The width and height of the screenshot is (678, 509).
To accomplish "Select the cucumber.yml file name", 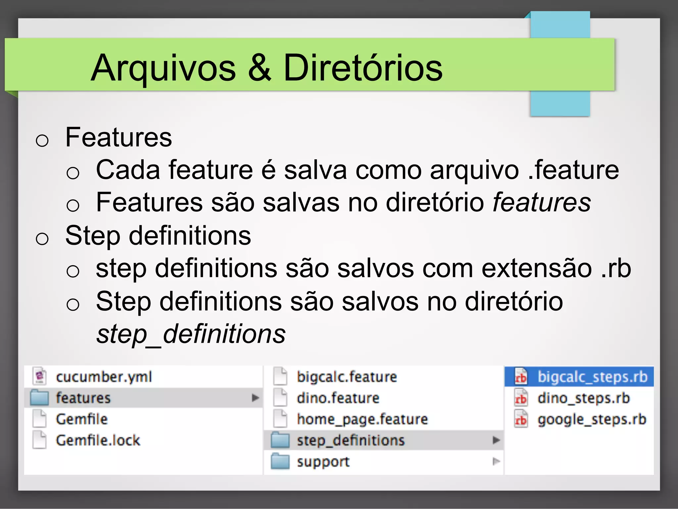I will (104, 377).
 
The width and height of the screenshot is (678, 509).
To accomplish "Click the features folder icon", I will (39, 398).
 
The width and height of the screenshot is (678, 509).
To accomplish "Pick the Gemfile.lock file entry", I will (98, 440).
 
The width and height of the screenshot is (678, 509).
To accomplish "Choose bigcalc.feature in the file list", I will (347, 377).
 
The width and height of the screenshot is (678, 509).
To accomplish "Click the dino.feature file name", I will (338, 398).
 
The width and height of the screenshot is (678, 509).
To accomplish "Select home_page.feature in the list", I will (362, 419).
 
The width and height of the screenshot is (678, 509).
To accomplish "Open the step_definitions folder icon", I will (280, 440).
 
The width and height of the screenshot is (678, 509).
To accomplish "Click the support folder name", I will (323, 462).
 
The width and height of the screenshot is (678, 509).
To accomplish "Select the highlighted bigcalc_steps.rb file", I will (592, 377).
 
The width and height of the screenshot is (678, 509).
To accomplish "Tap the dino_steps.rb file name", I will (583, 398).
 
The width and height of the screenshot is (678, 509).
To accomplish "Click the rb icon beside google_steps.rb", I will (521, 419).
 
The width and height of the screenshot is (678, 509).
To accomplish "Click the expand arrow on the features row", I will (255, 397).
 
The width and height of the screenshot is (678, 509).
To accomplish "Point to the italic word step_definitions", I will (191, 334).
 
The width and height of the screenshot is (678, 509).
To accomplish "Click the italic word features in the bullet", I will (542, 202).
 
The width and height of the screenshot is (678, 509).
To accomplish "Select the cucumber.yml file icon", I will (40, 376).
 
